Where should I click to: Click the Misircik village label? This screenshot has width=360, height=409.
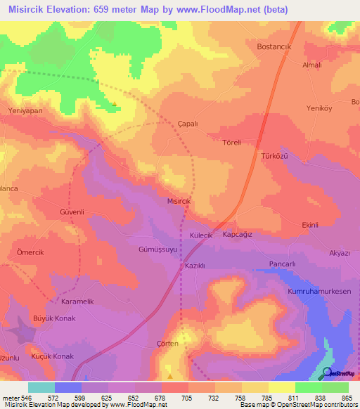tap(178, 200)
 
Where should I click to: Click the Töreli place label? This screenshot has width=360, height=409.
tap(231, 143)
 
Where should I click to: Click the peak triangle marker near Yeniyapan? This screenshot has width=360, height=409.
tap(114, 105)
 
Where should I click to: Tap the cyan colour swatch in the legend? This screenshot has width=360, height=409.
tap(41, 387)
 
